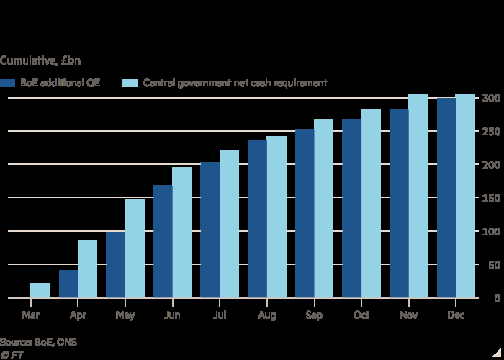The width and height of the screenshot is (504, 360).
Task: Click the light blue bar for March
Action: tap(40, 290)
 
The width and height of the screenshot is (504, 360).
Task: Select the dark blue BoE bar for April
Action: tap(68, 284)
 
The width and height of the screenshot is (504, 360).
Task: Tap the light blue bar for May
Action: tap(135, 248)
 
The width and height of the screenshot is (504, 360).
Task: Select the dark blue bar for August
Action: tap(257, 219)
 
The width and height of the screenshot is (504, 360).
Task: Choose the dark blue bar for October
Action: tap(351, 208)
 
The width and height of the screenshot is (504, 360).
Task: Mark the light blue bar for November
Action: tap(418, 196)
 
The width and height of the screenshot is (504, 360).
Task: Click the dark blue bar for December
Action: tap(446, 198)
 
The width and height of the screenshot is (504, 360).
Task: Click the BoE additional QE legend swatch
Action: tap(8, 83)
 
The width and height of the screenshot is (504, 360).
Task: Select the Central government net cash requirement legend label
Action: tap(235, 83)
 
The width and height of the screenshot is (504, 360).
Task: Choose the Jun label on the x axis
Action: tap(172, 315)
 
